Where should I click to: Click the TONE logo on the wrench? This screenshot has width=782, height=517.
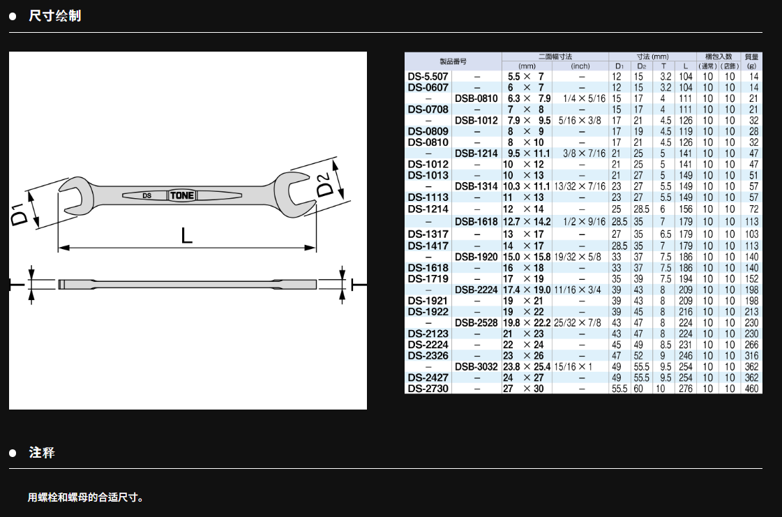point(182,195)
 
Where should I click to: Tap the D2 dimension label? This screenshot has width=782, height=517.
point(324,184)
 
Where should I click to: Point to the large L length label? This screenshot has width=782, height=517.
point(186,235)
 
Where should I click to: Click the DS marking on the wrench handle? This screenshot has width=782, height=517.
point(146,195)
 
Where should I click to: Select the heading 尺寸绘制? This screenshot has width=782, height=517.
point(55,16)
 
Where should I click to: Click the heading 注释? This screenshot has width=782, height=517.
point(42,453)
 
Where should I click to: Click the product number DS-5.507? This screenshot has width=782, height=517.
point(428,76)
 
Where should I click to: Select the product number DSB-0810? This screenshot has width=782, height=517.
point(476,98)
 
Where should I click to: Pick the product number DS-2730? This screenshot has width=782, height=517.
point(428,389)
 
